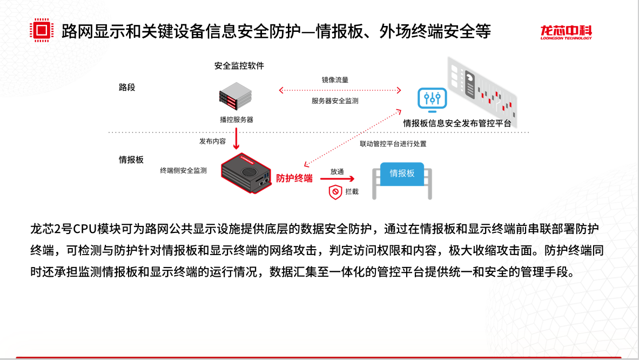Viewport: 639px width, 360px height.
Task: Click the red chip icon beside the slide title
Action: point(42,30)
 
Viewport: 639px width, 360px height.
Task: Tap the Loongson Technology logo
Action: point(566,32)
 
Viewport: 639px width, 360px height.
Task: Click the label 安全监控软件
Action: point(239,66)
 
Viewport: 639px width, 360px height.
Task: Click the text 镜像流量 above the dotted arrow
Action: point(335,79)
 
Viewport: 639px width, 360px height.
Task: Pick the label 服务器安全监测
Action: point(335,101)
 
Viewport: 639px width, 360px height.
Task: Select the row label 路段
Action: point(127,87)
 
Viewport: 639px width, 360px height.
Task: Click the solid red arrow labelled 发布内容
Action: point(236,138)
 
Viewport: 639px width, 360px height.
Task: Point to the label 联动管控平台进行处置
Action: point(393,144)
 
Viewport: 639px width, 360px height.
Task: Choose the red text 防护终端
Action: point(294,177)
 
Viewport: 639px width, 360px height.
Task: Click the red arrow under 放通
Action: point(338,179)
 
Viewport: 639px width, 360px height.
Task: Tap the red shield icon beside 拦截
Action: point(336,192)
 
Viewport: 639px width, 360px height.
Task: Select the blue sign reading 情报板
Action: point(402,173)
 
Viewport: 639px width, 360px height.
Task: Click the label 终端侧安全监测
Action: point(183,170)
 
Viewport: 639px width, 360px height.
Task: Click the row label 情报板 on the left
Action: point(131,160)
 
